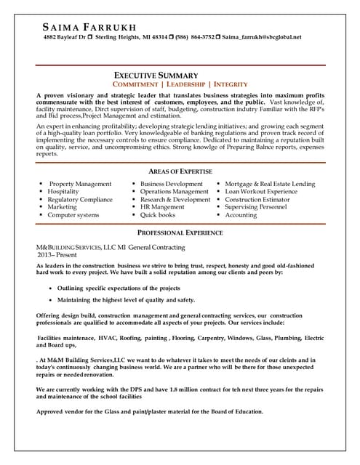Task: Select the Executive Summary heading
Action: [x=156, y=76]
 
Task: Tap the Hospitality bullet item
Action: [x=63, y=192]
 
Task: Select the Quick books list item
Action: [x=158, y=215]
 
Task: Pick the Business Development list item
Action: [x=171, y=185]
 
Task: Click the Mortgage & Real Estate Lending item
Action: [x=270, y=185]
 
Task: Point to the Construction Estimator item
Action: [x=260, y=200]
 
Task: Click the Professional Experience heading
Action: [x=180, y=232]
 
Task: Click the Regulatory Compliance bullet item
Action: [x=80, y=200]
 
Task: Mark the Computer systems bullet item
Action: [x=73, y=215]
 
